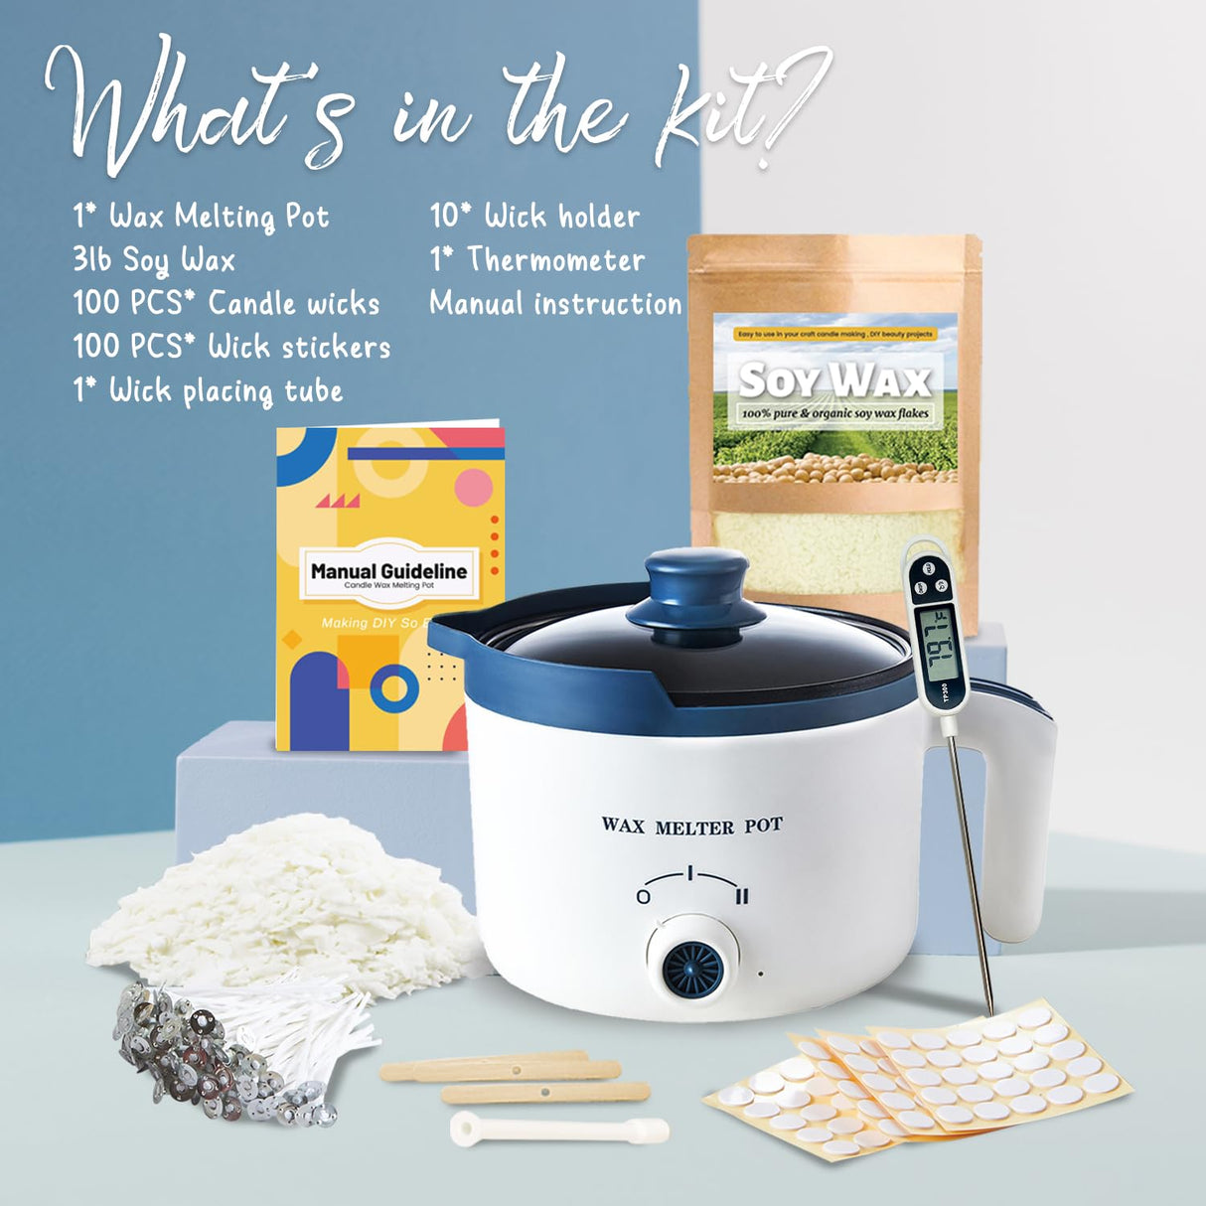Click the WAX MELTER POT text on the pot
coord(691,826)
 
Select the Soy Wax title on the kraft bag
coord(834,379)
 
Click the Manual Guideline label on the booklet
coord(388,571)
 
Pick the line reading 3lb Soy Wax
coord(154,260)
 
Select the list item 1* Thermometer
coord(536,260)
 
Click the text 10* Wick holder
coord(534,216)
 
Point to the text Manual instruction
coord(555,304)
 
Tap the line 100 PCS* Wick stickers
coord(231,347)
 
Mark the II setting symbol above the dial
coord(741,896)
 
